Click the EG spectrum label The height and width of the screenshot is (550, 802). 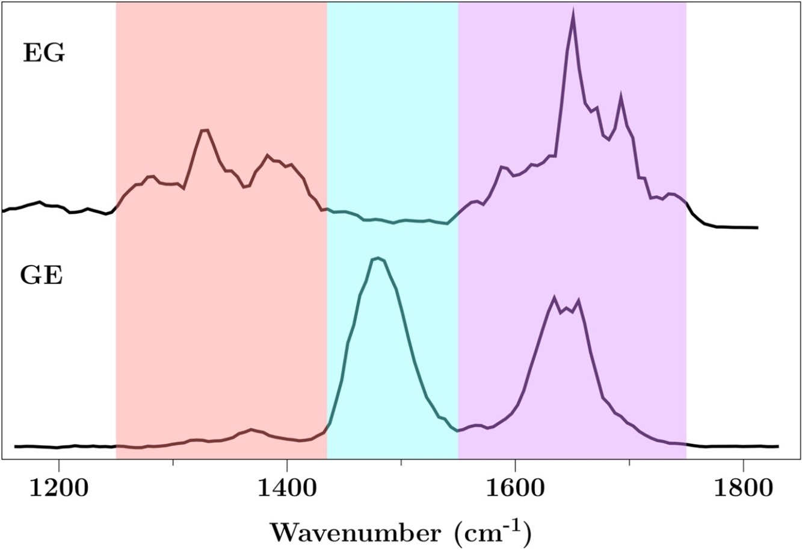tap(43, 54)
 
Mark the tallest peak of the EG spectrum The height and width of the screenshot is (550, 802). tap(573, 13)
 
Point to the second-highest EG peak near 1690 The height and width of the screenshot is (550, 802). tap(620, 97)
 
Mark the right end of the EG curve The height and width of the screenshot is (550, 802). tap(757, 228)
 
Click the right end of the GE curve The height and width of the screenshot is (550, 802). tap(778, 446)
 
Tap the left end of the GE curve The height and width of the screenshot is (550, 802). tap(15, 446)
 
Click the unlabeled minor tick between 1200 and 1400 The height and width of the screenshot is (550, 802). tap(173, 463)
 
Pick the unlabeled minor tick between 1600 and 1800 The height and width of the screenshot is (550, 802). tap(629, 463)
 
